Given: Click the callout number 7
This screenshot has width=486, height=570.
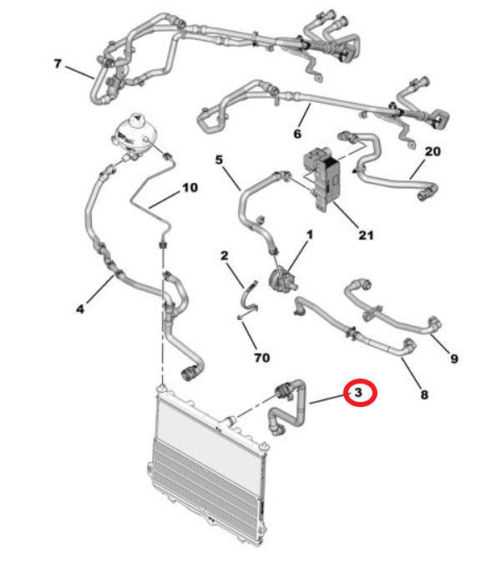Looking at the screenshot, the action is pos(58,64).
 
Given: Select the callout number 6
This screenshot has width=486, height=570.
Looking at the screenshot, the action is pos(297,134).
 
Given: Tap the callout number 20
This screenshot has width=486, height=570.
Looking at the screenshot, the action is pos(433,151).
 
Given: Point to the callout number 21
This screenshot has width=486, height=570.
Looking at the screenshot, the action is pos(366,235).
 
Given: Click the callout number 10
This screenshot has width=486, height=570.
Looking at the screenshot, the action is pos(190,187).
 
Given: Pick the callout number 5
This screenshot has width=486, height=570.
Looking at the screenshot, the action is pos(219,160).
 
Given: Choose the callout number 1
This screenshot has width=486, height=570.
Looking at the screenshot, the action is pos(310,235).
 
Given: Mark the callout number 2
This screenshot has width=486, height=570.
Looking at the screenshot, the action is pos(225,255).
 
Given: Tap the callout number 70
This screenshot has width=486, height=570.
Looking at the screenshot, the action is pos(262,358).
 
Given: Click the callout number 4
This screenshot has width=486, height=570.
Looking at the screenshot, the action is pos(80,309).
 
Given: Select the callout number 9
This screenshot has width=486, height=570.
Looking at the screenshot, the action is pos(454,359).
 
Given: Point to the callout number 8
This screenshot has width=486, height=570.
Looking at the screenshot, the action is pos(424,394).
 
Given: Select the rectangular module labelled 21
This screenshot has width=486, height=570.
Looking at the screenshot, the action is pos(322,178).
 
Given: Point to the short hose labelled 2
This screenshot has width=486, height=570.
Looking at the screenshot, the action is pos(248,298).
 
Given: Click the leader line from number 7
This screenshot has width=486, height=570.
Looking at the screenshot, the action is pos(78,73).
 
